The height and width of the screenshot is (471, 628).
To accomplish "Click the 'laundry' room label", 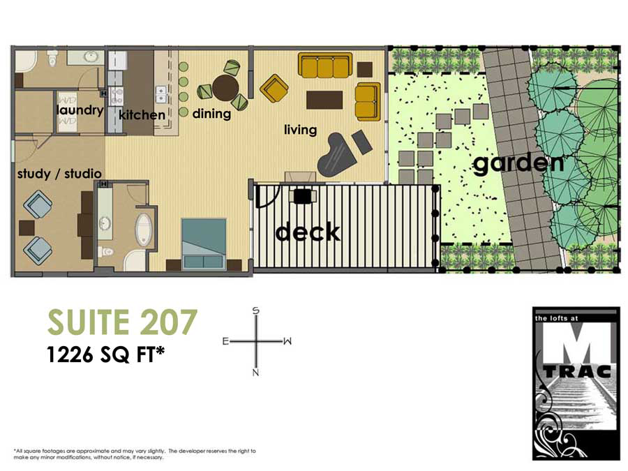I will coord(80,110).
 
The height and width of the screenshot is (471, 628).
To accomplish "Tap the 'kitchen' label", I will coord(142,114).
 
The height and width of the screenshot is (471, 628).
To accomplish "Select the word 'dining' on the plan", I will coord(211,114).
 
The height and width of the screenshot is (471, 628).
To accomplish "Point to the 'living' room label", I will coord(300,130).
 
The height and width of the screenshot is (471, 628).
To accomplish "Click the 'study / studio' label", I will coord(59,173).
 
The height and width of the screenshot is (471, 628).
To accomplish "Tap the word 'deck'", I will coord(308,231).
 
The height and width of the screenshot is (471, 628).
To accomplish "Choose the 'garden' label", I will coord(518,164).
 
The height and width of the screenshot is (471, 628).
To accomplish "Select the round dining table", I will coord(225,88).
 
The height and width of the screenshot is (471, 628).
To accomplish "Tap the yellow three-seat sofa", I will coord(325,66).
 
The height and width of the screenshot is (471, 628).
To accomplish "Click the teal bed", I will coord(204,244).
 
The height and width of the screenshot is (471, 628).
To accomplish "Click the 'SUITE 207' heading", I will coord(122,322).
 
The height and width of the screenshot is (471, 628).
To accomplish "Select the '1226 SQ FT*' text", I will coord(106,354).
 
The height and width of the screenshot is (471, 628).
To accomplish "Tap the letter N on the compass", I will coord(256,373).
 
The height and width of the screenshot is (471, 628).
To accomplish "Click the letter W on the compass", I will coord(287,341).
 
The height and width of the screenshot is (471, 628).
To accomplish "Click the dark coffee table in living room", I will coord(324,100).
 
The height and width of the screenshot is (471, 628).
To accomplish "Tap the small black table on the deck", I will coord(302,197).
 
